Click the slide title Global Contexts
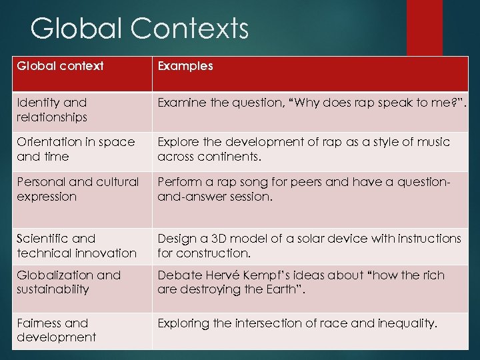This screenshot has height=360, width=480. tap(139, 29)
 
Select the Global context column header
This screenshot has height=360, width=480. tap(60, 66)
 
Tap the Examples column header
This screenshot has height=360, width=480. tap(185, 66)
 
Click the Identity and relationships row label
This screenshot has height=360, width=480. tap(52, 110)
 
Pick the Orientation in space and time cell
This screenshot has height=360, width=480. tap(76, 149)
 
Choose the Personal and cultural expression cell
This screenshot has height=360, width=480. tap(78, 189)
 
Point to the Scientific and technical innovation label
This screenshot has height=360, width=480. tap(77, 245)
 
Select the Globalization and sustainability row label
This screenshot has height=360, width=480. tap(69, 282)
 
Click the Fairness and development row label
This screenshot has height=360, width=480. tap(56, 330)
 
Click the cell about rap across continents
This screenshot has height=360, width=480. tap(303, 149)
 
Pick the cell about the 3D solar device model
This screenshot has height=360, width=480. tap(309, 245)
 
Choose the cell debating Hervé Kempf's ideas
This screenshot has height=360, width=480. tap(301, 282)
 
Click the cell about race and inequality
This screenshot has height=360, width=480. tap(297, 323)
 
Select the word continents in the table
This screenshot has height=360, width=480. tap(227, 157)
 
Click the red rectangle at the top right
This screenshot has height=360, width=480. tap(424, 27)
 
